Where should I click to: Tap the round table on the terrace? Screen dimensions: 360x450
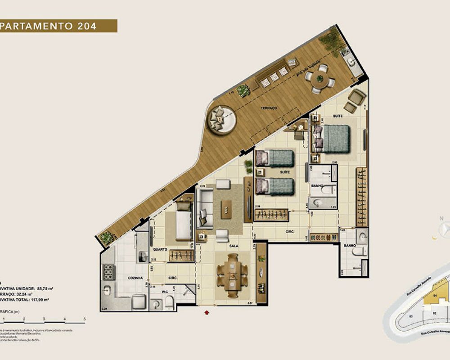pos(320,79)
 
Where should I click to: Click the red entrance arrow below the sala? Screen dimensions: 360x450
pos(207,311)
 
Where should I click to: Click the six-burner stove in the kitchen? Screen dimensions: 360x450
pos(108,272)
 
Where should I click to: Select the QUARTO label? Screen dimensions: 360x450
pos(160,249)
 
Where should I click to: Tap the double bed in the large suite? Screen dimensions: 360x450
pos(333,138)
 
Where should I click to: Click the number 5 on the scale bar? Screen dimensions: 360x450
pos(85,319)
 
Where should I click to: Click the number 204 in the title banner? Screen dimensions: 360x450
pos(86,26)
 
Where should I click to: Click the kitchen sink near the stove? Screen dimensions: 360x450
pos(107,291)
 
